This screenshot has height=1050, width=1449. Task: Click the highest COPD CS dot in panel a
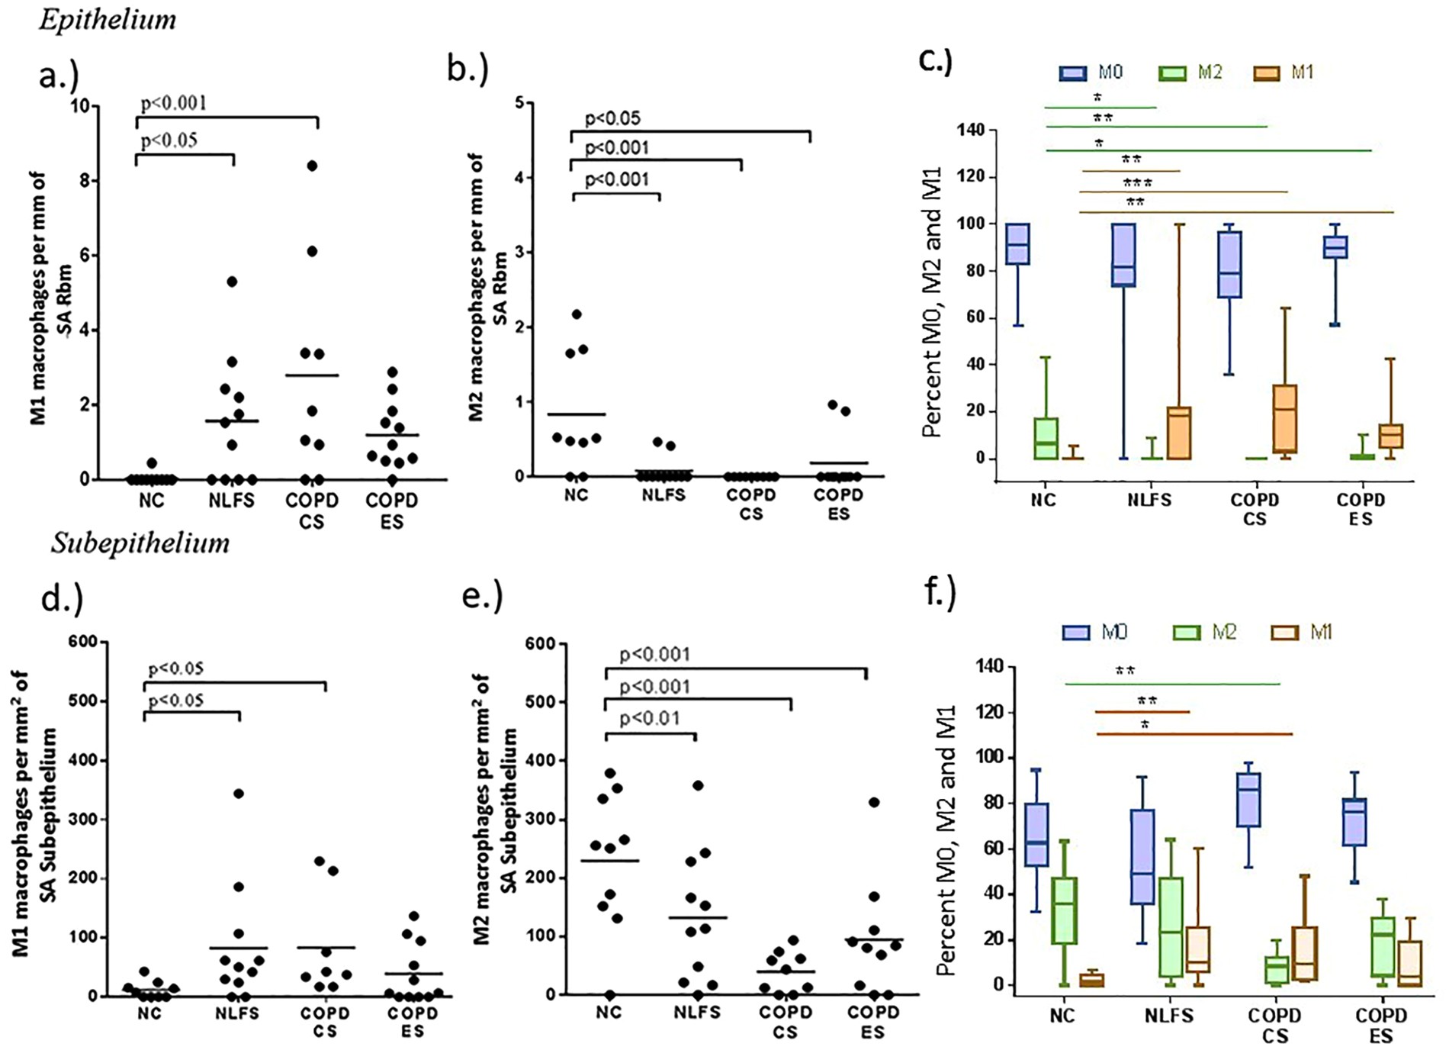pyautogui.click(x=312, y=166)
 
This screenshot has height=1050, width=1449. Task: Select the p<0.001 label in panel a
pyautogui.click(x=174, y=103)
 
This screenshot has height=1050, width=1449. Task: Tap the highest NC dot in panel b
pyautogui.click(x=577, y=314)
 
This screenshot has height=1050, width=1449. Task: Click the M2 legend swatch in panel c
pyautogui.click(x=1171, y=73)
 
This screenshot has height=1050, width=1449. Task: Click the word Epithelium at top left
pyautogui.click(x=108, y=20)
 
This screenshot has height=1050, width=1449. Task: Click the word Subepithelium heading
pyautogui.click(x=140, y=543)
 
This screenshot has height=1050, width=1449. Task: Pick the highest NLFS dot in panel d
pyautogui.click(x=239, y=794)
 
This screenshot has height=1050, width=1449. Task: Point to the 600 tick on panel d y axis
pyautogui.click(x=83, y=642)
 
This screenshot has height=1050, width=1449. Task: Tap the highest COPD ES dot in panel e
pyautogui.click(x=874, y=802)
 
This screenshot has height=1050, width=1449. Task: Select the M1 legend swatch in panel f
pyautogui.click(x=1285, y=633)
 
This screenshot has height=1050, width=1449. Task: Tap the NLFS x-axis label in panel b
pyautogui.click(x=663, y=494)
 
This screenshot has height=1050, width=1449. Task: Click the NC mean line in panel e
pyautogui.click(x=609, y=861)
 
